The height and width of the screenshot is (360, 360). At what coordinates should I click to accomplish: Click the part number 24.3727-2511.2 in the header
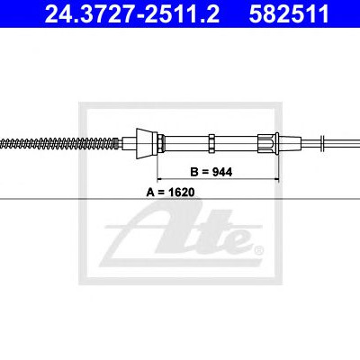pyautogui.click(x=132, y=13)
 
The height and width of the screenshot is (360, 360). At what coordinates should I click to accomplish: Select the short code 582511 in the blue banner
pyautogui.click(x=289, y=13)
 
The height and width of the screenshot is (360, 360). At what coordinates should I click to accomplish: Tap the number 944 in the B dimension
pyautogui.click(x=222, y=172)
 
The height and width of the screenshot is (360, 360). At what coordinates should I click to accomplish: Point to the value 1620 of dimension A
pyautogui.click(x=181, y=192)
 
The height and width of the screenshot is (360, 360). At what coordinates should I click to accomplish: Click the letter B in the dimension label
pyautogui.click(x=194, y=172)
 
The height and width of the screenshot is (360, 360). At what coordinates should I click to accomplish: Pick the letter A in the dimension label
pyautogui.click(x=150, y=192)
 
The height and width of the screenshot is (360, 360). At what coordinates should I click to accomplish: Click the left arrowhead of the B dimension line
pyautogui.click(x=160, y=179)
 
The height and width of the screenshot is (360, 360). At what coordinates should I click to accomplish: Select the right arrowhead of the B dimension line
pyautogui.click(x=276, y=179)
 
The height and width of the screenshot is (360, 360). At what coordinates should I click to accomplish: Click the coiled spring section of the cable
pyautogui.click(x=58, y=143)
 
